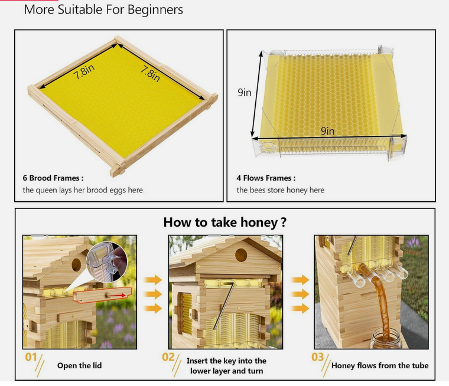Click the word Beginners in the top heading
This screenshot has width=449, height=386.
pyautogui.click(x=154, y=9)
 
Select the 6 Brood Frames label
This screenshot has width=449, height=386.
pyautogui.click(x=53, y=178)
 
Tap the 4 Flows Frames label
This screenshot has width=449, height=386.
pyautogui.click(x=266, y=178)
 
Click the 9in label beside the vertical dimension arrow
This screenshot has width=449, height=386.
pyautogui.click(x=245, y=93)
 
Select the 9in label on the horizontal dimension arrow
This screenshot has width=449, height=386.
pyautogui.click(x=327, y=131)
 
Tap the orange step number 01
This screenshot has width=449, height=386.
pyautogui.click(x=31, y=358)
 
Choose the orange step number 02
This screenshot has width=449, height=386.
pyautogui.click(x=168, y=358)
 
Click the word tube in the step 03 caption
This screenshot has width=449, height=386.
pyautogui.click(x=418, y=366)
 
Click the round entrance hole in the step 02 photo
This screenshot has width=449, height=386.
pyautogui.click(x=240, y=255)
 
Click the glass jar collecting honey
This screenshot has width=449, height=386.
pyautogui.click(x=385, y=339)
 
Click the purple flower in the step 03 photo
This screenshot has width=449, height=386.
pyautogui.click(x=414, y=243)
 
